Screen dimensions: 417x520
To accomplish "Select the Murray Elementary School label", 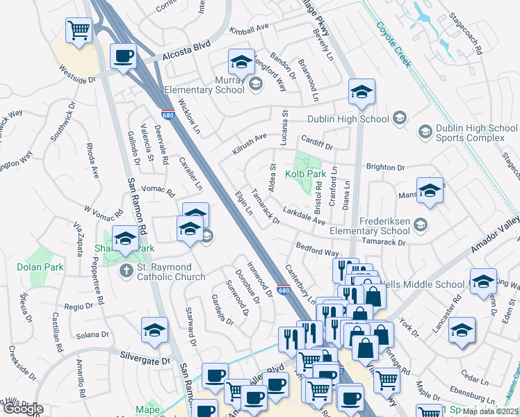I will point(204,85).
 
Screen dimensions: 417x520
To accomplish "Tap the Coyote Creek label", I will point(394,44).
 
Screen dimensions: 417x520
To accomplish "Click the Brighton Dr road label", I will point(384,167).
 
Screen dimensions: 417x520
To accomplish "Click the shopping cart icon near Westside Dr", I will point(79,30).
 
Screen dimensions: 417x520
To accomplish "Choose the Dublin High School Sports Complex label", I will point(476,133).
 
